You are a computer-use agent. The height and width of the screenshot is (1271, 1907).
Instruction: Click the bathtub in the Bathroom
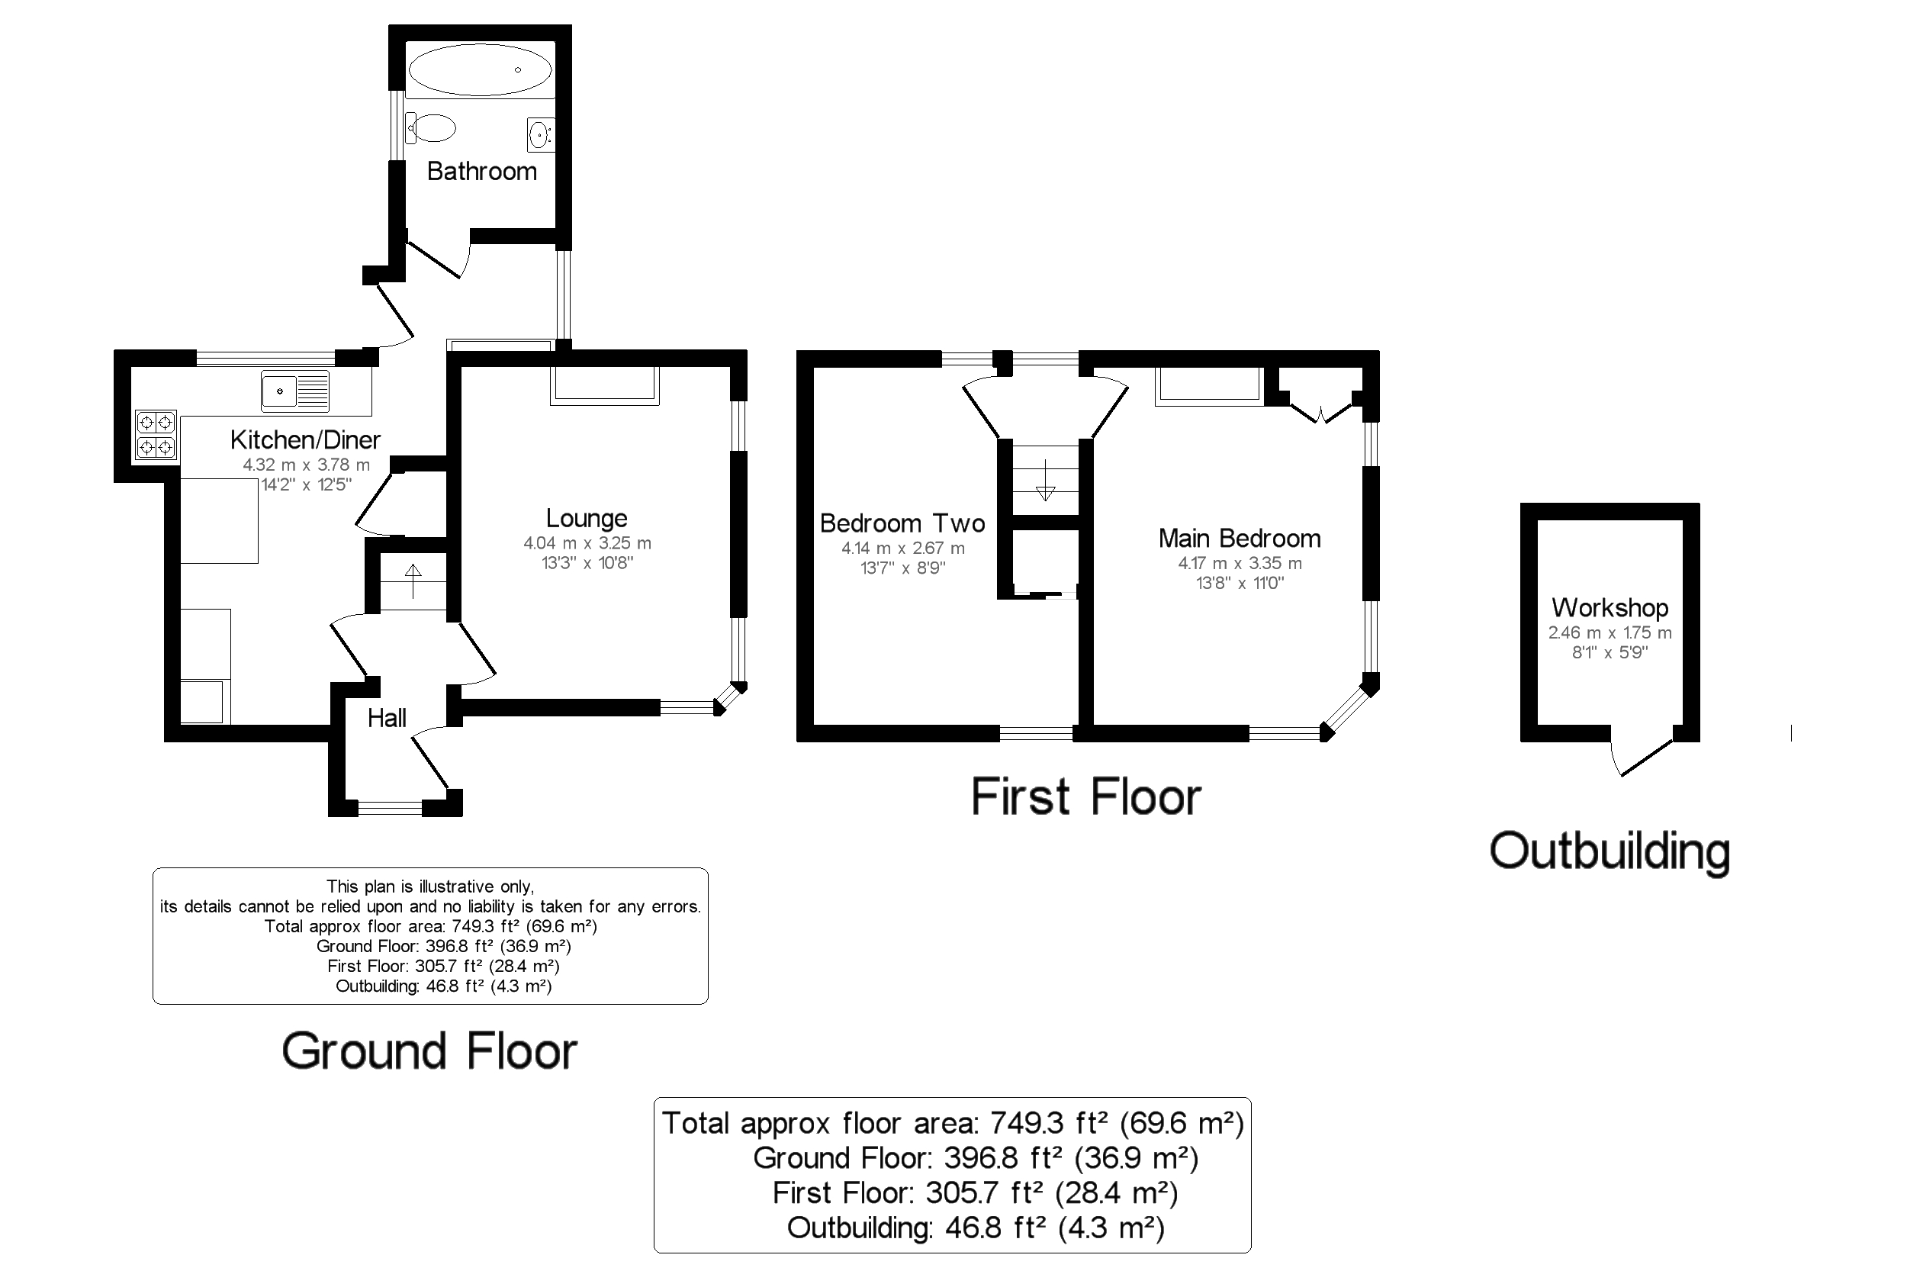click(x=480, y=69)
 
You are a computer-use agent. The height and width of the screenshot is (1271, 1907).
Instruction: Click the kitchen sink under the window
click(x=295, y=391)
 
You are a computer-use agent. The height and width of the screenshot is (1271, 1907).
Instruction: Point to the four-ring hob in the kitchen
click(x=156, y=435)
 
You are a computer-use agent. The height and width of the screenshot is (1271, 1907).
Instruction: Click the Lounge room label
click(x=586, y=518)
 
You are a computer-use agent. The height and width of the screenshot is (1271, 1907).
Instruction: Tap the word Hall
click(x=387, y=717)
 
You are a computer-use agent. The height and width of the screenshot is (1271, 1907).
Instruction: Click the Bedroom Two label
click(x=902, y=523)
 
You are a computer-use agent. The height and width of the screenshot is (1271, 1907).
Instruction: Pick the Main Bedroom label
click(x=1240, y=539)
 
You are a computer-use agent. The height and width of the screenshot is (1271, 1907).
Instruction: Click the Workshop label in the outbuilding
click(x=1610, y=607)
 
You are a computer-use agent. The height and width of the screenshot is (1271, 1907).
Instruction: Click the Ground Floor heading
click(x=429, y=1051)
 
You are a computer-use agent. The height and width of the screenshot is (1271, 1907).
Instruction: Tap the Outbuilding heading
click(x=1610, y=852)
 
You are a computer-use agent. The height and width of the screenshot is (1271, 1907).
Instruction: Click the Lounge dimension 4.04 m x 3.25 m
click(x=587, y=543)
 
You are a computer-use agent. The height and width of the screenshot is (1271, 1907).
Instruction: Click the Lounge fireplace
click(x=605, y=385)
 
